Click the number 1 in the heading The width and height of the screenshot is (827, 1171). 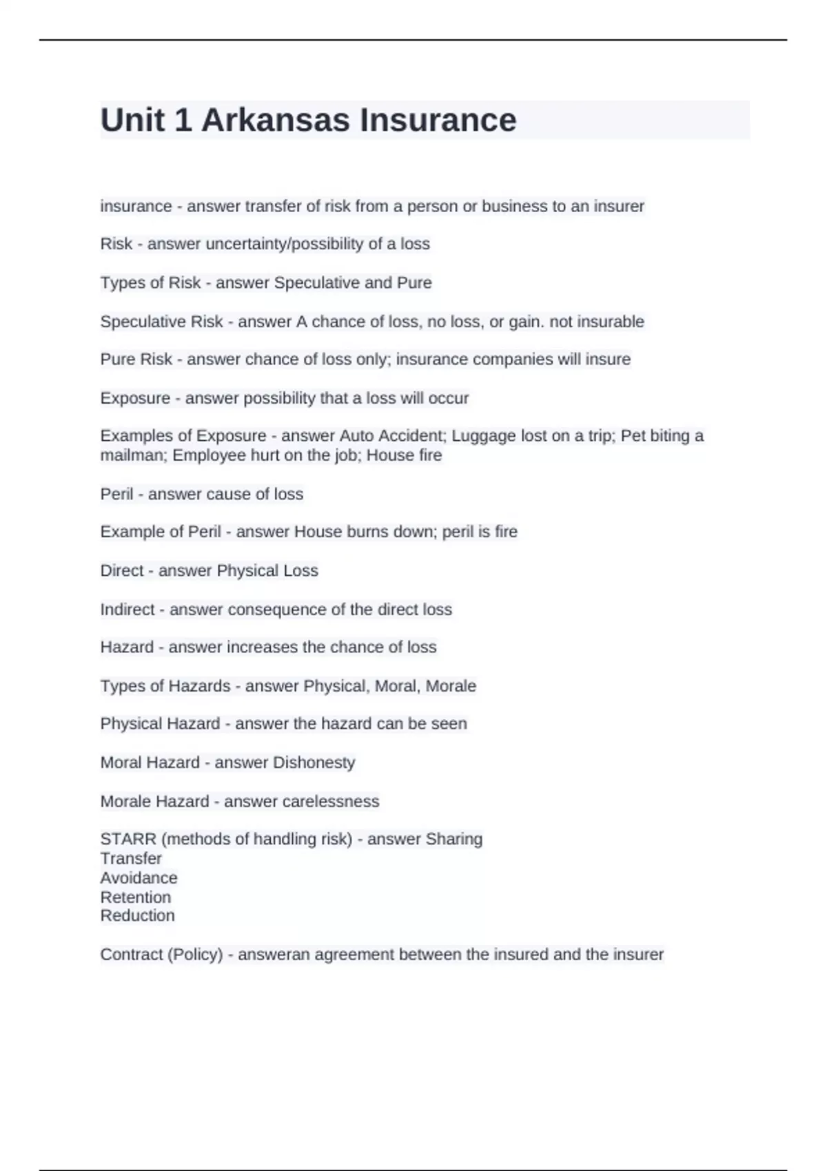click(x=183, y=121)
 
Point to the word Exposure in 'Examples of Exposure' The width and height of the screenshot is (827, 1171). click(x=232, y=436)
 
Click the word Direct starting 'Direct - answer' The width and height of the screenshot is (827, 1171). click(x=121, y=570)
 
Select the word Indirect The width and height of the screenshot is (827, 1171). click(x=127, y=610)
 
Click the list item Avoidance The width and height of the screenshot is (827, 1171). click(x=139, y=878)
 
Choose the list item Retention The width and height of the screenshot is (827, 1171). click(x=135, y=898)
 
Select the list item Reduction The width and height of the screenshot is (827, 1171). click(x=137, y=916)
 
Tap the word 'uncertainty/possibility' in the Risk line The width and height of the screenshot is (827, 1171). click(x=283, y=244)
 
